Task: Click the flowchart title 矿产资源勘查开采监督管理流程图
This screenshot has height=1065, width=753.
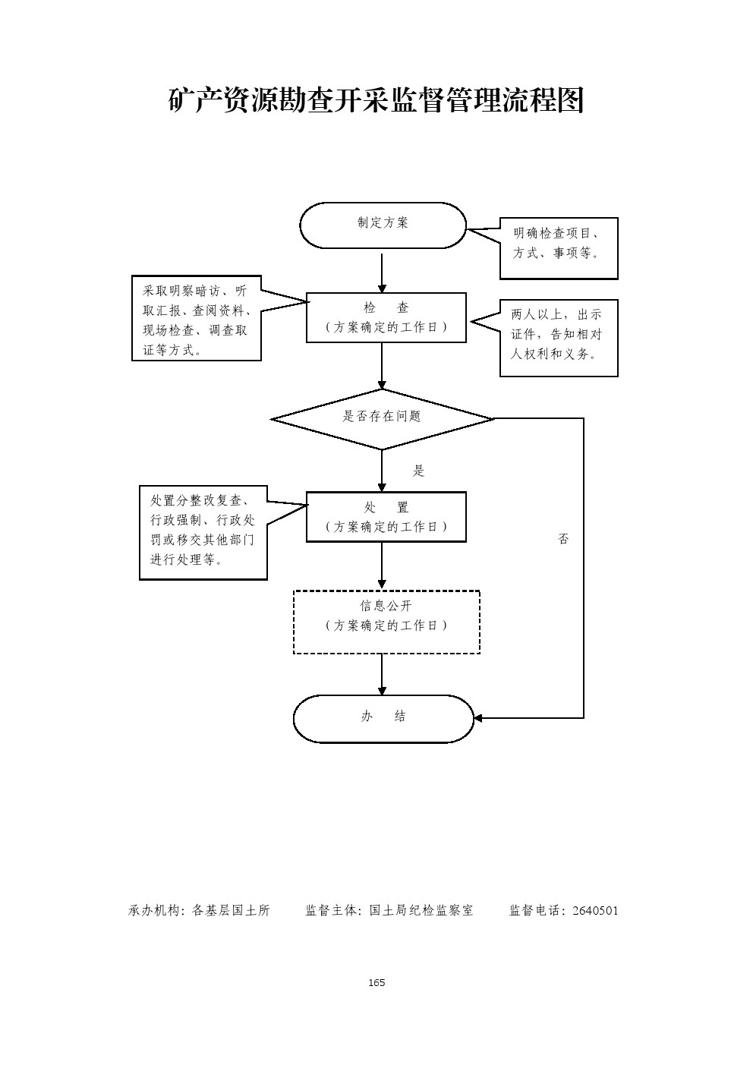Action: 376,100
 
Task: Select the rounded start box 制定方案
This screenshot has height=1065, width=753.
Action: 383,225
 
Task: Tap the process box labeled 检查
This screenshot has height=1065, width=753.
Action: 386,317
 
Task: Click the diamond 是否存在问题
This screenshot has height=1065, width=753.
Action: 382,417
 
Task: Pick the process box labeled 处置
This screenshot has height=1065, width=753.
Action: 386,517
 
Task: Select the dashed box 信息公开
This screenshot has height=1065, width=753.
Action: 386,622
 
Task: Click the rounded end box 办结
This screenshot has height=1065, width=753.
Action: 383,718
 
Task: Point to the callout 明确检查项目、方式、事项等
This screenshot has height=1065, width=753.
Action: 559,247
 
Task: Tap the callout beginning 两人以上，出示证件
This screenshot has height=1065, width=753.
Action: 559,338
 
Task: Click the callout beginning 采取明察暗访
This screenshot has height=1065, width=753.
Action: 197,318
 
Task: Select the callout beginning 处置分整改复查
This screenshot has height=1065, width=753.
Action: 203,532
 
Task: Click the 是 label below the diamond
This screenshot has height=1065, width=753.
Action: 418,471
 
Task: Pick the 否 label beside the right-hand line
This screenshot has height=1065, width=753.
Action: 563,539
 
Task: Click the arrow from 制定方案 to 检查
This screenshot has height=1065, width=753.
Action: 382,272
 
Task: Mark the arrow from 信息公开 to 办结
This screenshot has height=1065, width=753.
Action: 382,674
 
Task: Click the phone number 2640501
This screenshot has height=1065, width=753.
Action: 595,910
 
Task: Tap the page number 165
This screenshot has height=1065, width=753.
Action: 376,982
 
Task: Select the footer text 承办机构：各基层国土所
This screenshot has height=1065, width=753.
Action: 200,910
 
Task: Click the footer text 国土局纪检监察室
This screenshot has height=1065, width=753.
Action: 421,910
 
